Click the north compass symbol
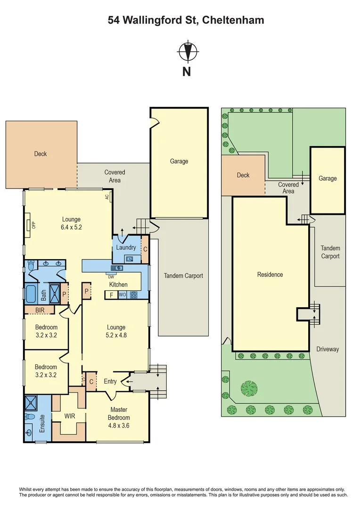tap(188, 52)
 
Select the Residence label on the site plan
tap(270, 274)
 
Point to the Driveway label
tap(327, 349)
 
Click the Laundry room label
tap(126, 247)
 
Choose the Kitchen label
tap(118, 285)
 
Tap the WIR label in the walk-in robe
tap(70, 416)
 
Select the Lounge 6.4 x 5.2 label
tap(71, 223)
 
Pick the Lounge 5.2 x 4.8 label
tap(116, 331)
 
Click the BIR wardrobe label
tap(40, 310)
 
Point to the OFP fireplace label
tap(33, 225)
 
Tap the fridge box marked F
tap(111, 296)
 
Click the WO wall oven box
tap(122, 296)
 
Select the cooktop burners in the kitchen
tap(133, 296)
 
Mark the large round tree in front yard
tap(249, 389)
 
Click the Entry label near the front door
tap(110, 381)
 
